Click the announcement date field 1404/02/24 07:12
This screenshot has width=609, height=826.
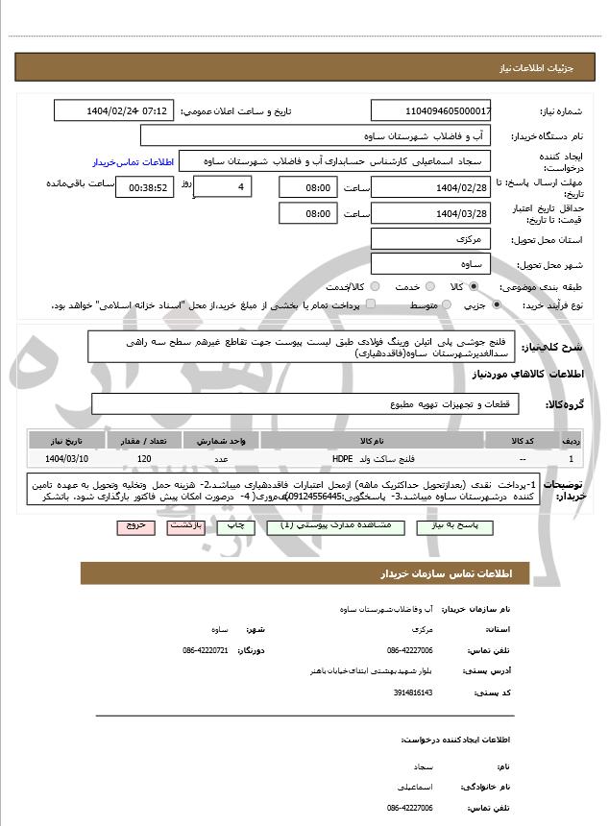(x=113, y=110)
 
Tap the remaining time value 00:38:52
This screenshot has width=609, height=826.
(x=145, y=187)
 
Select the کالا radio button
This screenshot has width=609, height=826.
(x=474, y=286)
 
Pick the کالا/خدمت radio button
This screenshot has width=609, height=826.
(x=370, y=286)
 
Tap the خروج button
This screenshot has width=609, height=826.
(x=134, y=526)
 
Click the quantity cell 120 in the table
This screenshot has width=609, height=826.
(x=144, y=460)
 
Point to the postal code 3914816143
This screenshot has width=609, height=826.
(x=414, y=692)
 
